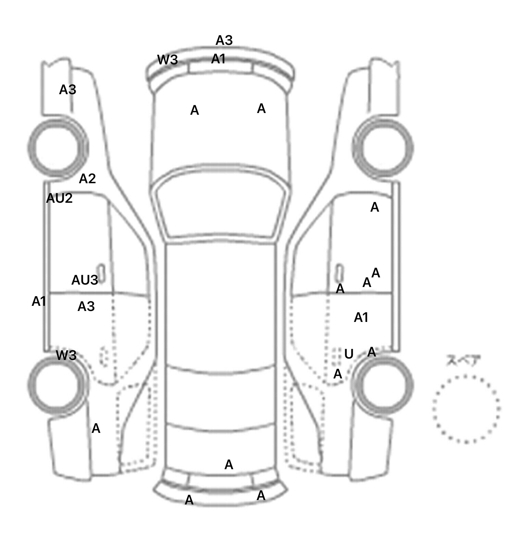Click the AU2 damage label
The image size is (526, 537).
tap(59, 198)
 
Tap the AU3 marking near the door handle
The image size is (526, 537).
tap(84, 280)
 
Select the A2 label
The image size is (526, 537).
tap(87, 178)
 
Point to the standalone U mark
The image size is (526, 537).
tap(349, 354)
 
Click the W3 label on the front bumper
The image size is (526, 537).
tap(167, 60)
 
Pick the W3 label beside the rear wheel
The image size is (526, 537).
tap(66, 355)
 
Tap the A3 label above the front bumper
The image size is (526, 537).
tap(224, 40)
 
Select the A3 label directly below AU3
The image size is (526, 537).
tap(86, 307)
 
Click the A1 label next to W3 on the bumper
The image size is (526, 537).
tap(218, 59)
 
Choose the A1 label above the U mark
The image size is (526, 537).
tap(361, 317)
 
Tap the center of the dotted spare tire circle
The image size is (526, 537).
tap(466, 409)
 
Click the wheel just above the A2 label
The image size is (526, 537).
tap(57, 148)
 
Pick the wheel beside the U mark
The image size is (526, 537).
tap(383, 384)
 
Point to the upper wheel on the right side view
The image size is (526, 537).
tap(383, 148)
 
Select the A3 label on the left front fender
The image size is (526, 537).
tap(67, 90)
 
